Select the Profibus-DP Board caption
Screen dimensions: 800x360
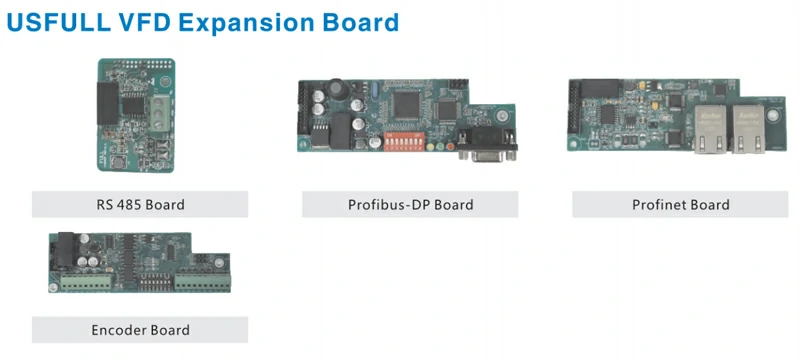[x=410, y=205]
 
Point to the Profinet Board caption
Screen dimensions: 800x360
[x=680, y=205]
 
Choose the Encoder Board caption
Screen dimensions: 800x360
[x=139, y=329]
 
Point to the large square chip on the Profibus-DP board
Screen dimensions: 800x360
[x=409, y=104]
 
